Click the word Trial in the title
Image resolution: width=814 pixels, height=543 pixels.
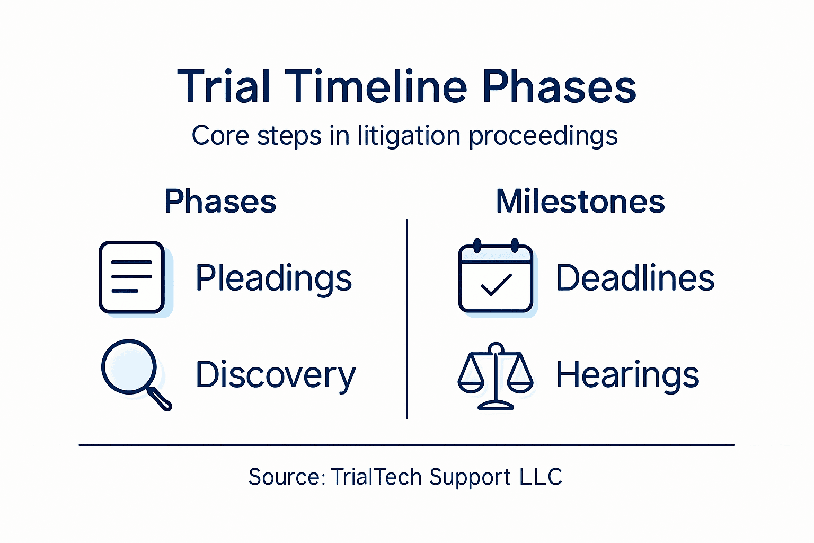225,86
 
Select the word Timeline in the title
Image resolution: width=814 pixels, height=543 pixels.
375,86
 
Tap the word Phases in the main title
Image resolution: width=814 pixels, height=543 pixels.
559,86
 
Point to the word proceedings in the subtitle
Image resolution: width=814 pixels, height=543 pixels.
543,136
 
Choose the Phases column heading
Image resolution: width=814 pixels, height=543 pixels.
220,202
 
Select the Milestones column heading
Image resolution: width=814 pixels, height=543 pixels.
580,202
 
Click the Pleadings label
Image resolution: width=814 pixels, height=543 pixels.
273,278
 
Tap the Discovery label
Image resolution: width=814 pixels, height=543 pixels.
276,375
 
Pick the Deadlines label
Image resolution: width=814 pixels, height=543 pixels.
635,278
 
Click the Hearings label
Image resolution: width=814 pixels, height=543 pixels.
627,375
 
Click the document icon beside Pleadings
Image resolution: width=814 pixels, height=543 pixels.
131,277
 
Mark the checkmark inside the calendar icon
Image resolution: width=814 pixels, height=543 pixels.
496,285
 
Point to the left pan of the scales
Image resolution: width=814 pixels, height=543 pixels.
471,382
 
